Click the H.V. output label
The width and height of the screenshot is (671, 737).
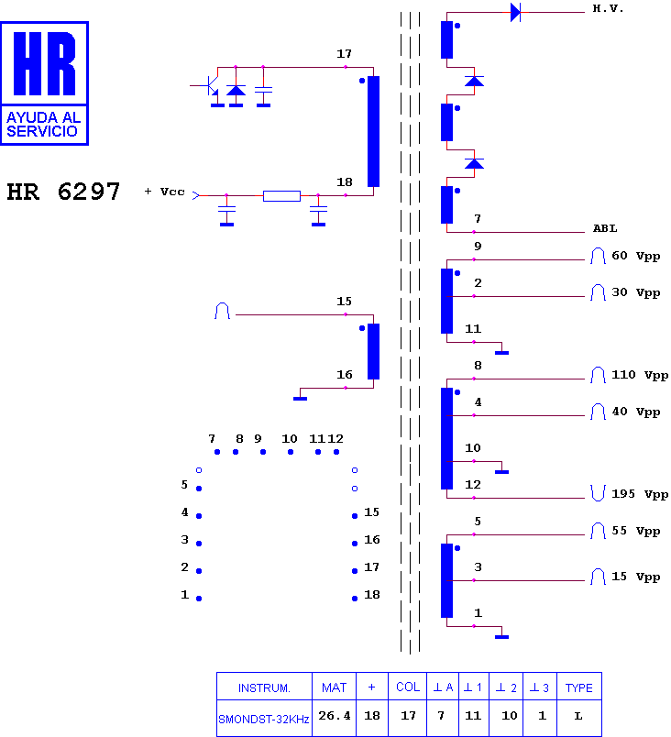pos(608,8)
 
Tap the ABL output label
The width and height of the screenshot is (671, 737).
pos(605,228)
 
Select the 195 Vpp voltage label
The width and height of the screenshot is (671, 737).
pos(640,494)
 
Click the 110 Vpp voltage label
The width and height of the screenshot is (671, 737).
pos(640,375)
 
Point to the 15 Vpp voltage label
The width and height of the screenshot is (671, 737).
pos(636,577)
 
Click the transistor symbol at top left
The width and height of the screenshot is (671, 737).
pos(211,86)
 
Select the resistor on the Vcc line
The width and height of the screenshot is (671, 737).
pos(281,196)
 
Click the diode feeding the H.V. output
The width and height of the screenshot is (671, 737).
pos(515,13)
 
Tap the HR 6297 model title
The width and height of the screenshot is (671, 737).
pos(63,192)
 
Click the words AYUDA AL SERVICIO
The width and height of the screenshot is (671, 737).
pos(44,125)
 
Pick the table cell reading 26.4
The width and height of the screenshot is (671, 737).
pos(334,716)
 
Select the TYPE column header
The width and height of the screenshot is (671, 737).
pos(579,688)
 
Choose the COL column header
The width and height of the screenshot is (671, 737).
pos(408,687)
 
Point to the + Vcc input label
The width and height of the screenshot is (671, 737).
pos(164,192)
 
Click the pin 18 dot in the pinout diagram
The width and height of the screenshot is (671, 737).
pos(355,599)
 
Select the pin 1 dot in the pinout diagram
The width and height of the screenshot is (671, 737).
pos(199,599)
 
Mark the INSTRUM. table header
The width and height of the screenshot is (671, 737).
pos(264,688)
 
